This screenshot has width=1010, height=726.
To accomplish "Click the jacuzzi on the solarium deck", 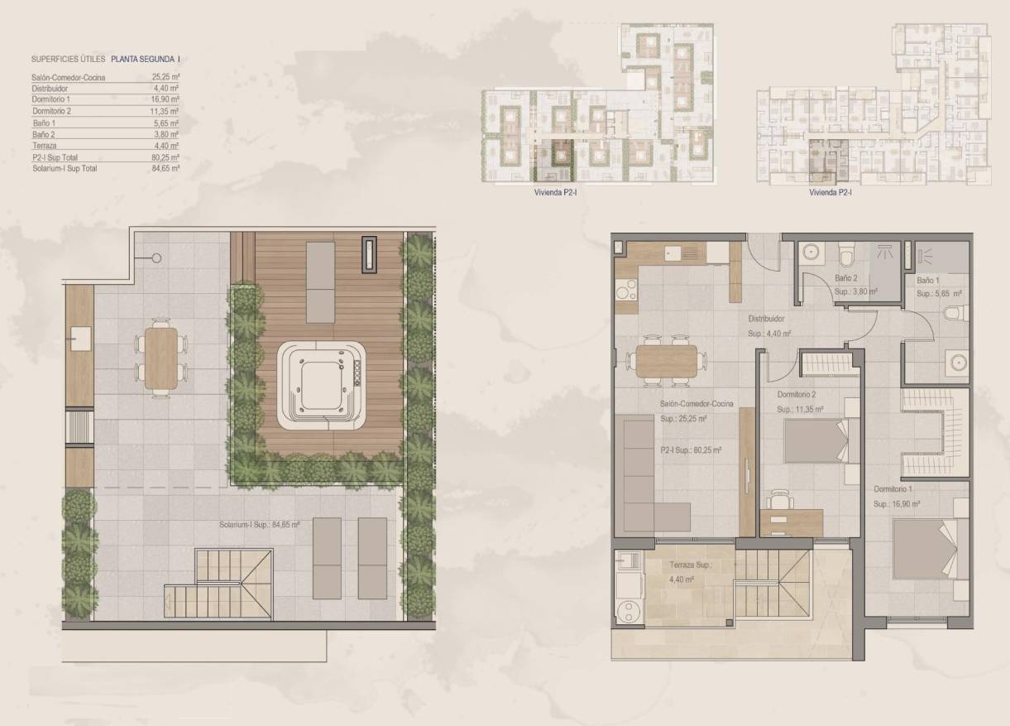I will [322, 385].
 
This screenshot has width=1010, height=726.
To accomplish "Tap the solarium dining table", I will [160, 357].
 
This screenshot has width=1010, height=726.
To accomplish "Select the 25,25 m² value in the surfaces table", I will [166, 77].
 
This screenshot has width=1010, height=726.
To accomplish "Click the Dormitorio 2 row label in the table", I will [52, 111].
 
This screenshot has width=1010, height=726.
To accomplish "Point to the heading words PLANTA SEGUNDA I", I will [145, 60].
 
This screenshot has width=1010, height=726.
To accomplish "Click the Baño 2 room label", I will [844, 279].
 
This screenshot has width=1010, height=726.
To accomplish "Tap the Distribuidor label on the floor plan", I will [766, 319].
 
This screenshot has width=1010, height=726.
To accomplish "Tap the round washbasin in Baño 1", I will [958, 362].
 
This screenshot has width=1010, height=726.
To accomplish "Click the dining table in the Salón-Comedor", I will [668, 360].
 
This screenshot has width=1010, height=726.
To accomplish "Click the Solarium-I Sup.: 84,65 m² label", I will [259, 524].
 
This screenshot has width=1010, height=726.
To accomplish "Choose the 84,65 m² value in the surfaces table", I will [166, 168].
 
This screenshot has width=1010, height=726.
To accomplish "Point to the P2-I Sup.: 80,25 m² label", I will [691, 450].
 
